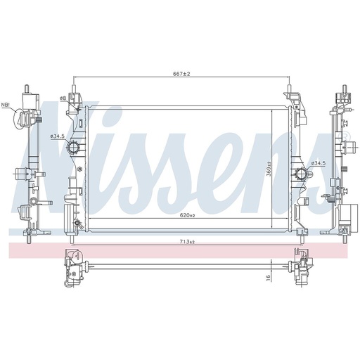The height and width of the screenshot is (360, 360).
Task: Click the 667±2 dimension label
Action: tap(181, 74)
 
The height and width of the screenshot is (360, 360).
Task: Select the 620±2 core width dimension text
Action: tap(188, 215)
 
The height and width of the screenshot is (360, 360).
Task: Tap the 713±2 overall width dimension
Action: tap(188, 242)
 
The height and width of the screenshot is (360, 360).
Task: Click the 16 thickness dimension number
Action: tap(269, 278)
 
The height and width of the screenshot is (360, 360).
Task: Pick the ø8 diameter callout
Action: tap(63, 98)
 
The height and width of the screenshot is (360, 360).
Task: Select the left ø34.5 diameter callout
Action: tap(57, 136)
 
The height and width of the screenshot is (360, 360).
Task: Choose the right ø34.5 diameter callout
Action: tap(319, 163)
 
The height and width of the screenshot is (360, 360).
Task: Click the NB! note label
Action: tap(5, 105)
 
